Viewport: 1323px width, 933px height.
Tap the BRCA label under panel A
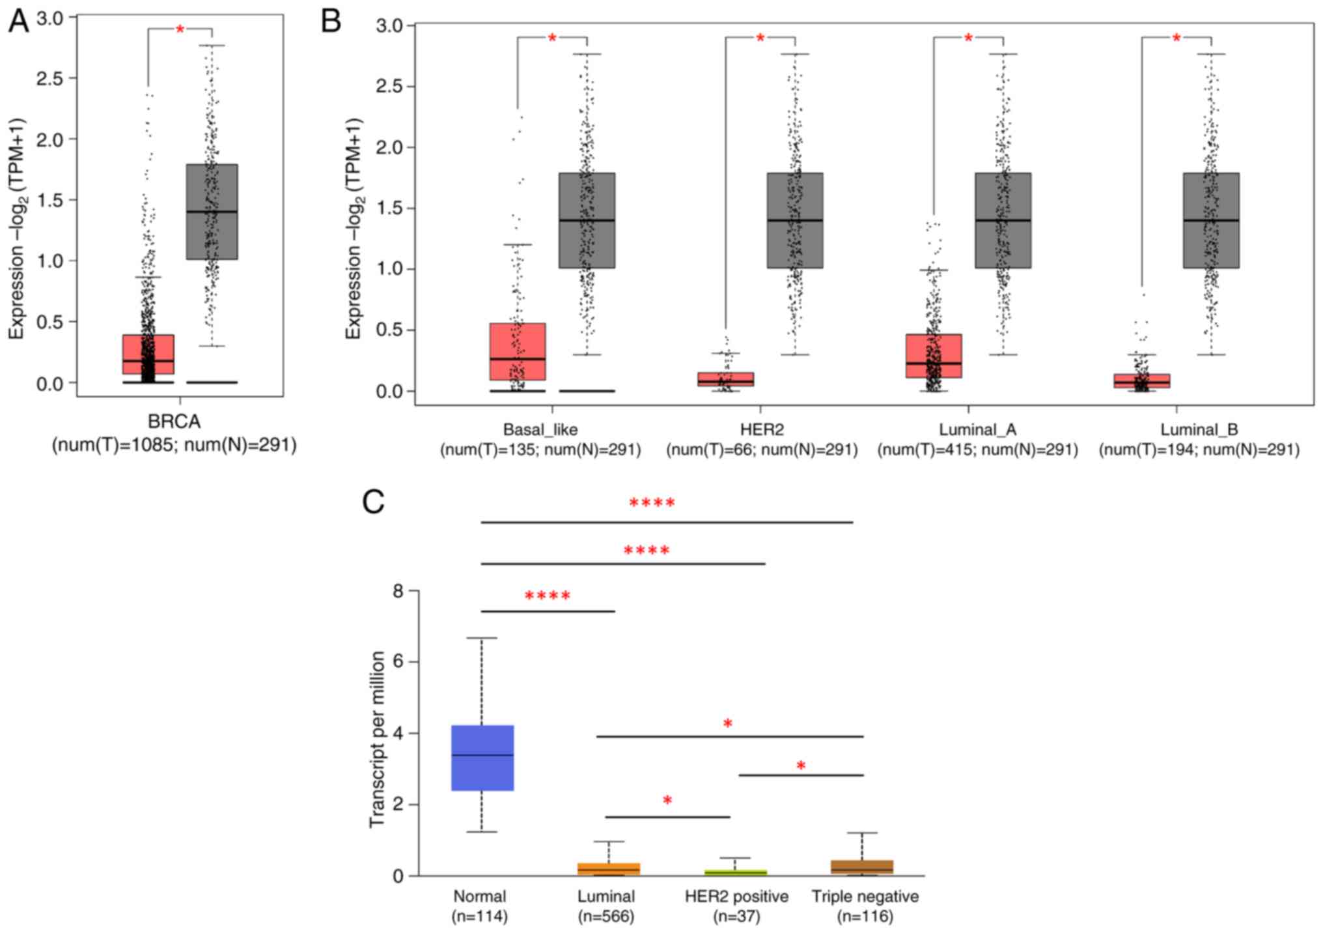pos(174,422)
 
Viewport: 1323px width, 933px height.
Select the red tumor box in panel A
pos(148,354)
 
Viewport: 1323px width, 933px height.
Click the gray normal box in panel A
pos(212,212)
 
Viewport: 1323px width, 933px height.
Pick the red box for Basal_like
pos(518,351)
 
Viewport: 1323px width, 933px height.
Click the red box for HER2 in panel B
pos(725,379)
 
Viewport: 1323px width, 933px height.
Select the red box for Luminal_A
pos(934,356)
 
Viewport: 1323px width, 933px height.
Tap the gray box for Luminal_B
pos(1211,220)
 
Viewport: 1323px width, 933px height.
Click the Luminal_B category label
pos(1199,429)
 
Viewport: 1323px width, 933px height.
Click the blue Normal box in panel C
pos(482,758)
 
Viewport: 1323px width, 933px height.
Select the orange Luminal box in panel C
pos(609,868)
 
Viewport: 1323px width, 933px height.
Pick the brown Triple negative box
pos(862,867)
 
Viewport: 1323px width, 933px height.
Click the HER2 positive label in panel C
pos(736,897)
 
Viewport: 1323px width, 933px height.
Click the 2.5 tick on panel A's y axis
pos(49,79)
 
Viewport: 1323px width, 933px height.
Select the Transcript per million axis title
pos(377,739)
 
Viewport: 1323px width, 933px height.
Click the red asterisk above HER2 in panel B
pos(760,38)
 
